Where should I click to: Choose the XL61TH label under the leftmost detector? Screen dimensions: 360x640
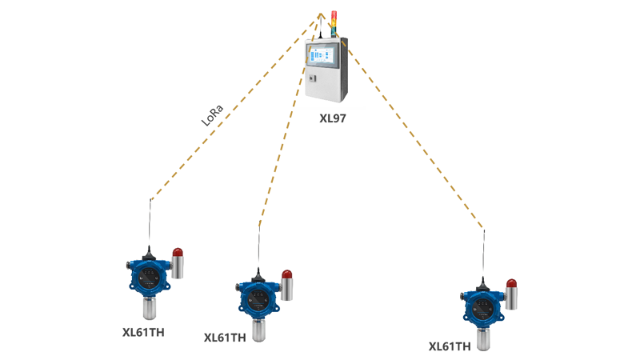click(x=144, y=330)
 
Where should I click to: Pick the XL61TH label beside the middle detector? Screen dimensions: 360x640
click(x=225, y=338)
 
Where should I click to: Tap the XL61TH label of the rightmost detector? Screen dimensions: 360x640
click(x=450, y=346)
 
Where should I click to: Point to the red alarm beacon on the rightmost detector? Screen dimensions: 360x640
click(x=511, y=283)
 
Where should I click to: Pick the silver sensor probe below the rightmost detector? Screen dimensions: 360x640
click(x=483, y=338)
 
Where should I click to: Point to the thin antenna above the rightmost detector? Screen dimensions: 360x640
click(x=482, y=252)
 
